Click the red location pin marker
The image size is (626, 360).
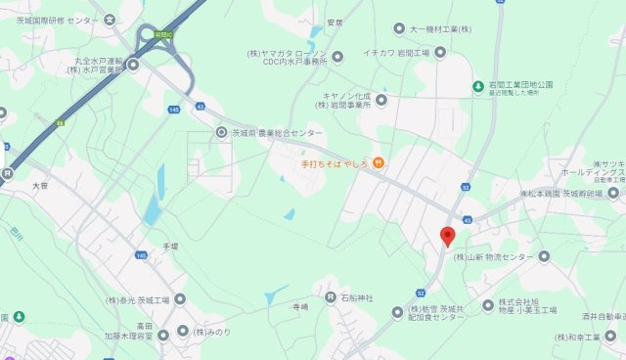coord(447,236)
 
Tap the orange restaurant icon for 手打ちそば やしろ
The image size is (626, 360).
coord(378,162)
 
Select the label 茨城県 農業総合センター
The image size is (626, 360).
coord(276,131)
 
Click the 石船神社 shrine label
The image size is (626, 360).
coord(356,296)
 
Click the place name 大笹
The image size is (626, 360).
coord(39,185)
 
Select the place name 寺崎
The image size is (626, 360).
coord(299,306)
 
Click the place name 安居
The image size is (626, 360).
coord(335,22)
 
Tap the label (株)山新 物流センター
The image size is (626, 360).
coord(495,257)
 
